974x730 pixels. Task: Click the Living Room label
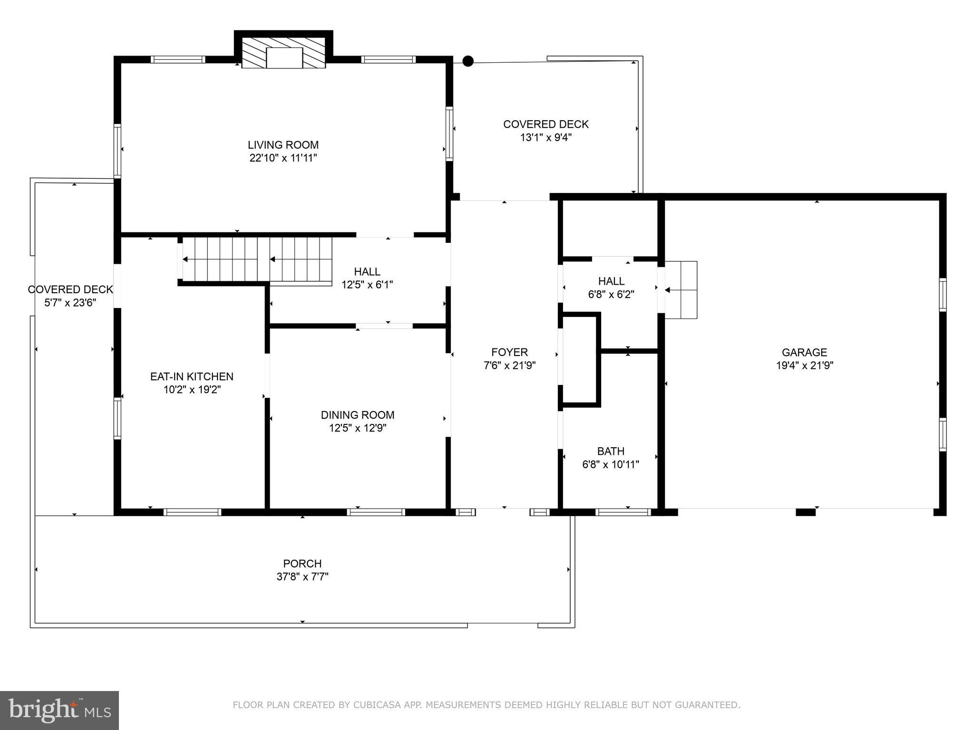click(283, 145)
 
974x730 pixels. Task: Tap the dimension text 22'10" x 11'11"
click(283, 158)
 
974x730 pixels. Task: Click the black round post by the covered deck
click(468, 61)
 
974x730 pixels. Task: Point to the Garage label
click(804, 352)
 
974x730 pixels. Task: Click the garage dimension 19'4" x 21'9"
click(804, 365)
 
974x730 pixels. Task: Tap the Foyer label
click(509, 352)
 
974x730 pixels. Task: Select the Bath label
click(611, 451)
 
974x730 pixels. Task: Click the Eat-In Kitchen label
click(192, 376)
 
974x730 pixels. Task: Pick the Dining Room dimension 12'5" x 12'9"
click(358, 428)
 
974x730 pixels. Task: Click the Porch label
click(302, 564)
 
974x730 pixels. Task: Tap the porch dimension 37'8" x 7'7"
click(302, 577)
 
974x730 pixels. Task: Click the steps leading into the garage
click(681, 289)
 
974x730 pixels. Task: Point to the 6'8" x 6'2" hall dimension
click(611, 295)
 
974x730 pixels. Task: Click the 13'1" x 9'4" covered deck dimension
click(546, 138)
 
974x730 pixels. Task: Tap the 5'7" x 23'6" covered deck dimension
click(70, 303)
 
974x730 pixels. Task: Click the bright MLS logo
click(59, 710)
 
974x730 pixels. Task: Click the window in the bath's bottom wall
click(623, 512)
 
